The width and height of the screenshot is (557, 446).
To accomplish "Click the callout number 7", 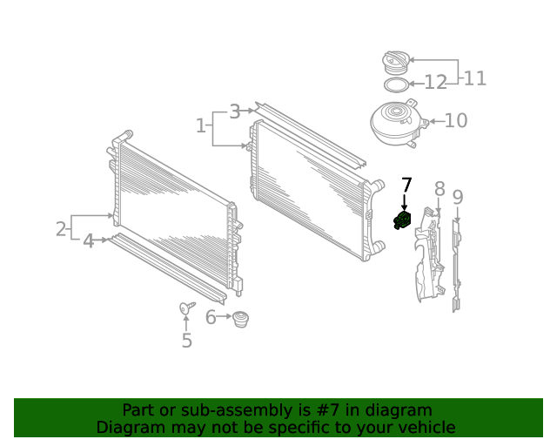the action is tap(406, 186).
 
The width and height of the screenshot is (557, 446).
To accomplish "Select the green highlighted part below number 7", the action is tap(402, 220).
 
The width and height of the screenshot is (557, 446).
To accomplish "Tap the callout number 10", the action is tap(456, 120).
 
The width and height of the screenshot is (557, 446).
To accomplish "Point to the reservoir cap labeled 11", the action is tap(396, 63).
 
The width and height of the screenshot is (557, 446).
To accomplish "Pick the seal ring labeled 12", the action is tap(396, 85).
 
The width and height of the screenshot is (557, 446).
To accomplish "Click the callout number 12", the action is tap(435, 83).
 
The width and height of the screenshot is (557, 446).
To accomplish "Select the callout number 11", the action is tap(475, 78).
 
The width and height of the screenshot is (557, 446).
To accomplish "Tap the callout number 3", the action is tap(235, 111).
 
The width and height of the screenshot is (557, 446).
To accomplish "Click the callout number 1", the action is tap(201, 125).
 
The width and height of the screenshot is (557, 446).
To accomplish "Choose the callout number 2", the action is tap(61, 229).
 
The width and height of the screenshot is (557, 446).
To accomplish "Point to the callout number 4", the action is tap(89, 241).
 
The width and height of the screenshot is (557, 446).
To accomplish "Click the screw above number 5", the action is tap(187, 307).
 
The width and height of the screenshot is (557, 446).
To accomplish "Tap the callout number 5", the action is tap(187, 341).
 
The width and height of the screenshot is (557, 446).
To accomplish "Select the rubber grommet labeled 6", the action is tap(240, 319).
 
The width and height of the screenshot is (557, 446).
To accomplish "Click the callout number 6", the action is tap(211, 317).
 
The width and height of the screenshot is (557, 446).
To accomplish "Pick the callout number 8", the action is tap(440, 189).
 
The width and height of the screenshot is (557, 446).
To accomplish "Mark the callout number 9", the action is tap(458, 198).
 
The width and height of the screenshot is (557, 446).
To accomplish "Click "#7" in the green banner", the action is tap(327, 410).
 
